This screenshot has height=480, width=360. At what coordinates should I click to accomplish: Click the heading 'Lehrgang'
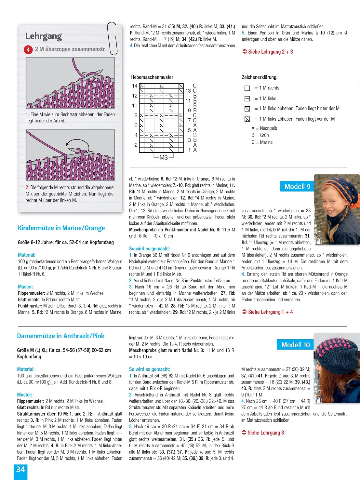(x=44, y=36)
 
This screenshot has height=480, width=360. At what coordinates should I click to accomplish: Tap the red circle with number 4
(x=28, y=50)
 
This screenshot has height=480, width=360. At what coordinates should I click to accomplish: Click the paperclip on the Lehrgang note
(x=112, y=38)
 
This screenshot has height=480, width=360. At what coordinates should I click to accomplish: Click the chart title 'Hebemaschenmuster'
(x=152, y=77)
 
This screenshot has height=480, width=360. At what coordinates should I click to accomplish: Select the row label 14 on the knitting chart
(x=135, y=86)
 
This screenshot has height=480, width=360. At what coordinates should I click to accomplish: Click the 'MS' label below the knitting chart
(x=164, y=158)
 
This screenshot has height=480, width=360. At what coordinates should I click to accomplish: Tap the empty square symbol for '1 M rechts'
(x=247, y=88)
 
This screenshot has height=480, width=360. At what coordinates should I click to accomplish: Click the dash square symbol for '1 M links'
(x=247, y=99)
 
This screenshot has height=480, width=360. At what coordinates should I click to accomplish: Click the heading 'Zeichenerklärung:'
(x=260, y=77)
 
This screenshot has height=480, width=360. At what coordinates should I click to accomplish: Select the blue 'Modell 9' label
(x=297, y=186)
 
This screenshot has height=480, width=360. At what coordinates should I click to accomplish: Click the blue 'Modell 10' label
(x=295, y=345)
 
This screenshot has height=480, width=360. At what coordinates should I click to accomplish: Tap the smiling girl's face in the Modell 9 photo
(x=332, y=208)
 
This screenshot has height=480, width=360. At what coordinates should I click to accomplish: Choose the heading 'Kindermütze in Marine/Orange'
(x=61, y=228)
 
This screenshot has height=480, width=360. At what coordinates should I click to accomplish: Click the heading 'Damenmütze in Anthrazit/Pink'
(x=61, y=336)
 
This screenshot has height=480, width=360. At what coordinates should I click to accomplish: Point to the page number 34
(x=20, y=469)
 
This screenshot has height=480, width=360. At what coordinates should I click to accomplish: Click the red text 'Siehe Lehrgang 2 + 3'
(x=268, y=52)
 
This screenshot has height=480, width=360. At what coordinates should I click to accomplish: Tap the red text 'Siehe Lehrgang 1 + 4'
(x=267, y=312)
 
